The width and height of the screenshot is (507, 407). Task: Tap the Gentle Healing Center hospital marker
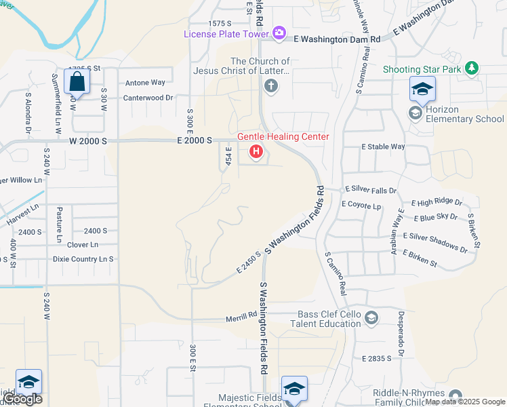point(256,151)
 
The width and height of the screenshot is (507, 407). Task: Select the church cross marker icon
point(270,86)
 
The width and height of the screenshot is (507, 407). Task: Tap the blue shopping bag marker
point(78,82)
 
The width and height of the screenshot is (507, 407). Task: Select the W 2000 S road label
point(88,140)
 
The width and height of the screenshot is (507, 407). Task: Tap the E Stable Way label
point(383,147)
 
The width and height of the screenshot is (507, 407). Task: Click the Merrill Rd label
point(242,315)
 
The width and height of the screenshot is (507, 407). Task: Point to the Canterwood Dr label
point(148,98)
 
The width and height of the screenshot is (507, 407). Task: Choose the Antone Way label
point(145,83)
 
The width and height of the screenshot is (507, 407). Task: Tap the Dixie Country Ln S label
point(83,259)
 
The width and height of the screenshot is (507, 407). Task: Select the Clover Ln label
point(83,244)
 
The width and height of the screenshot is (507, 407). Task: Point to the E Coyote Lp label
point(362,204)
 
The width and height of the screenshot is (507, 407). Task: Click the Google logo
point(23,400)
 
